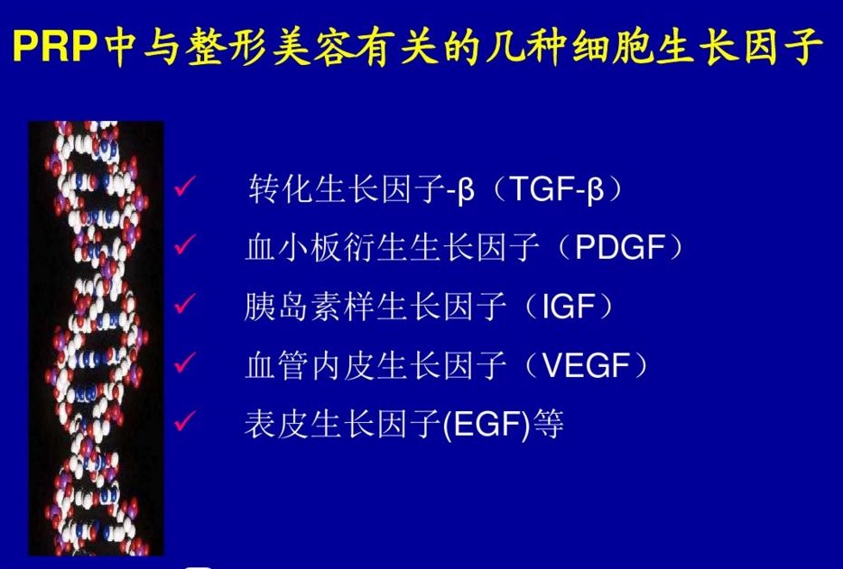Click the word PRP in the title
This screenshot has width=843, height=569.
click(x=55, y=47)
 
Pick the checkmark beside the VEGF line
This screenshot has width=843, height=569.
click(x=184, y=363)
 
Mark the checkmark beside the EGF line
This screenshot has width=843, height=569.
click(x=184, y=422)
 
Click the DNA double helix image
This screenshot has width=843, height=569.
click(x=97, y=338)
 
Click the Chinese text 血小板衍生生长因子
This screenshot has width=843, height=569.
click(x=392, y=248)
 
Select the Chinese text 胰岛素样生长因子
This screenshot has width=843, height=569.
click(x=375, y=307)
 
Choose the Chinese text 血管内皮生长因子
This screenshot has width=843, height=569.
click(x=375, y=366)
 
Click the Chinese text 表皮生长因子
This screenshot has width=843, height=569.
click(x=343, y=425)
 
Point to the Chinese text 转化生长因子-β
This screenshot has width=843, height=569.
click(x=361, y=189)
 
